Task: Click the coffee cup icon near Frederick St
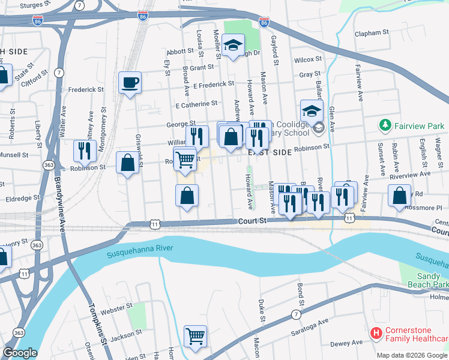coord(129,83)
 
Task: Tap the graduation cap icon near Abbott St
coord(232,45)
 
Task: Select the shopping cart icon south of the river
coord(195,336)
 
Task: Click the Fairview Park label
coord(419,126)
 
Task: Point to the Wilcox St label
coord(309,60)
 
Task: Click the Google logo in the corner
coord(20,353)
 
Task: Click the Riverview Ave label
coord(410,173)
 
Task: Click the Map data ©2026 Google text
coord(412,355)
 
